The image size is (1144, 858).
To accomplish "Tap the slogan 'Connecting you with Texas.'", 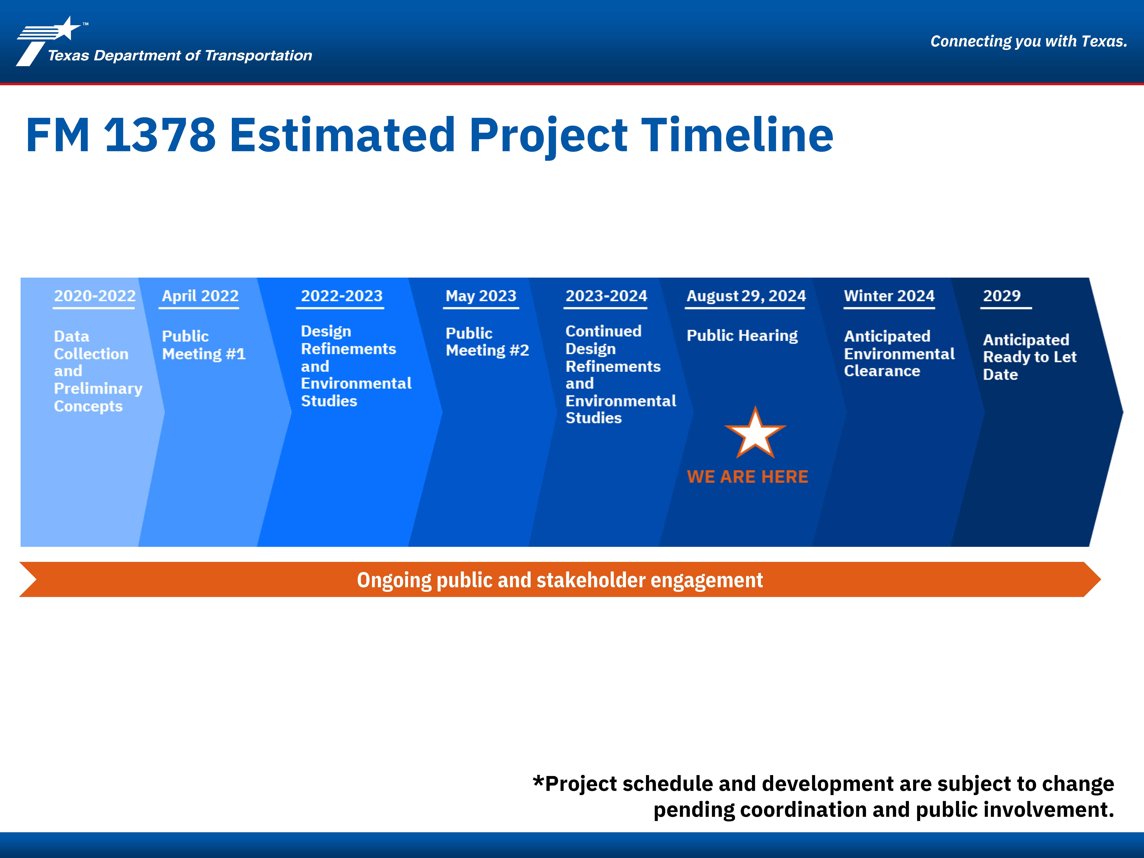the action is click(1029, 41).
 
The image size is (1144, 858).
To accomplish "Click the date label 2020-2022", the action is click(95, 296).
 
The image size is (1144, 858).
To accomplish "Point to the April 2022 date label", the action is click(200, 296).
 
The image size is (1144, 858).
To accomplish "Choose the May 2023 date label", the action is click(481, 296).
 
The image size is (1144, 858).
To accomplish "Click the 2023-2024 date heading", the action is click(606, 296).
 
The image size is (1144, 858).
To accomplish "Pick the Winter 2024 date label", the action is click(889, 296).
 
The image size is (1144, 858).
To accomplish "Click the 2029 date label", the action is click(1002, 296).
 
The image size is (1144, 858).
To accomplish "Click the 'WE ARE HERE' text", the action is click(747, 476).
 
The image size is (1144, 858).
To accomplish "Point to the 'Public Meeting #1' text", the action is click(204, 345).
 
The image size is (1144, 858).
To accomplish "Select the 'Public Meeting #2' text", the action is click(487, 342).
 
